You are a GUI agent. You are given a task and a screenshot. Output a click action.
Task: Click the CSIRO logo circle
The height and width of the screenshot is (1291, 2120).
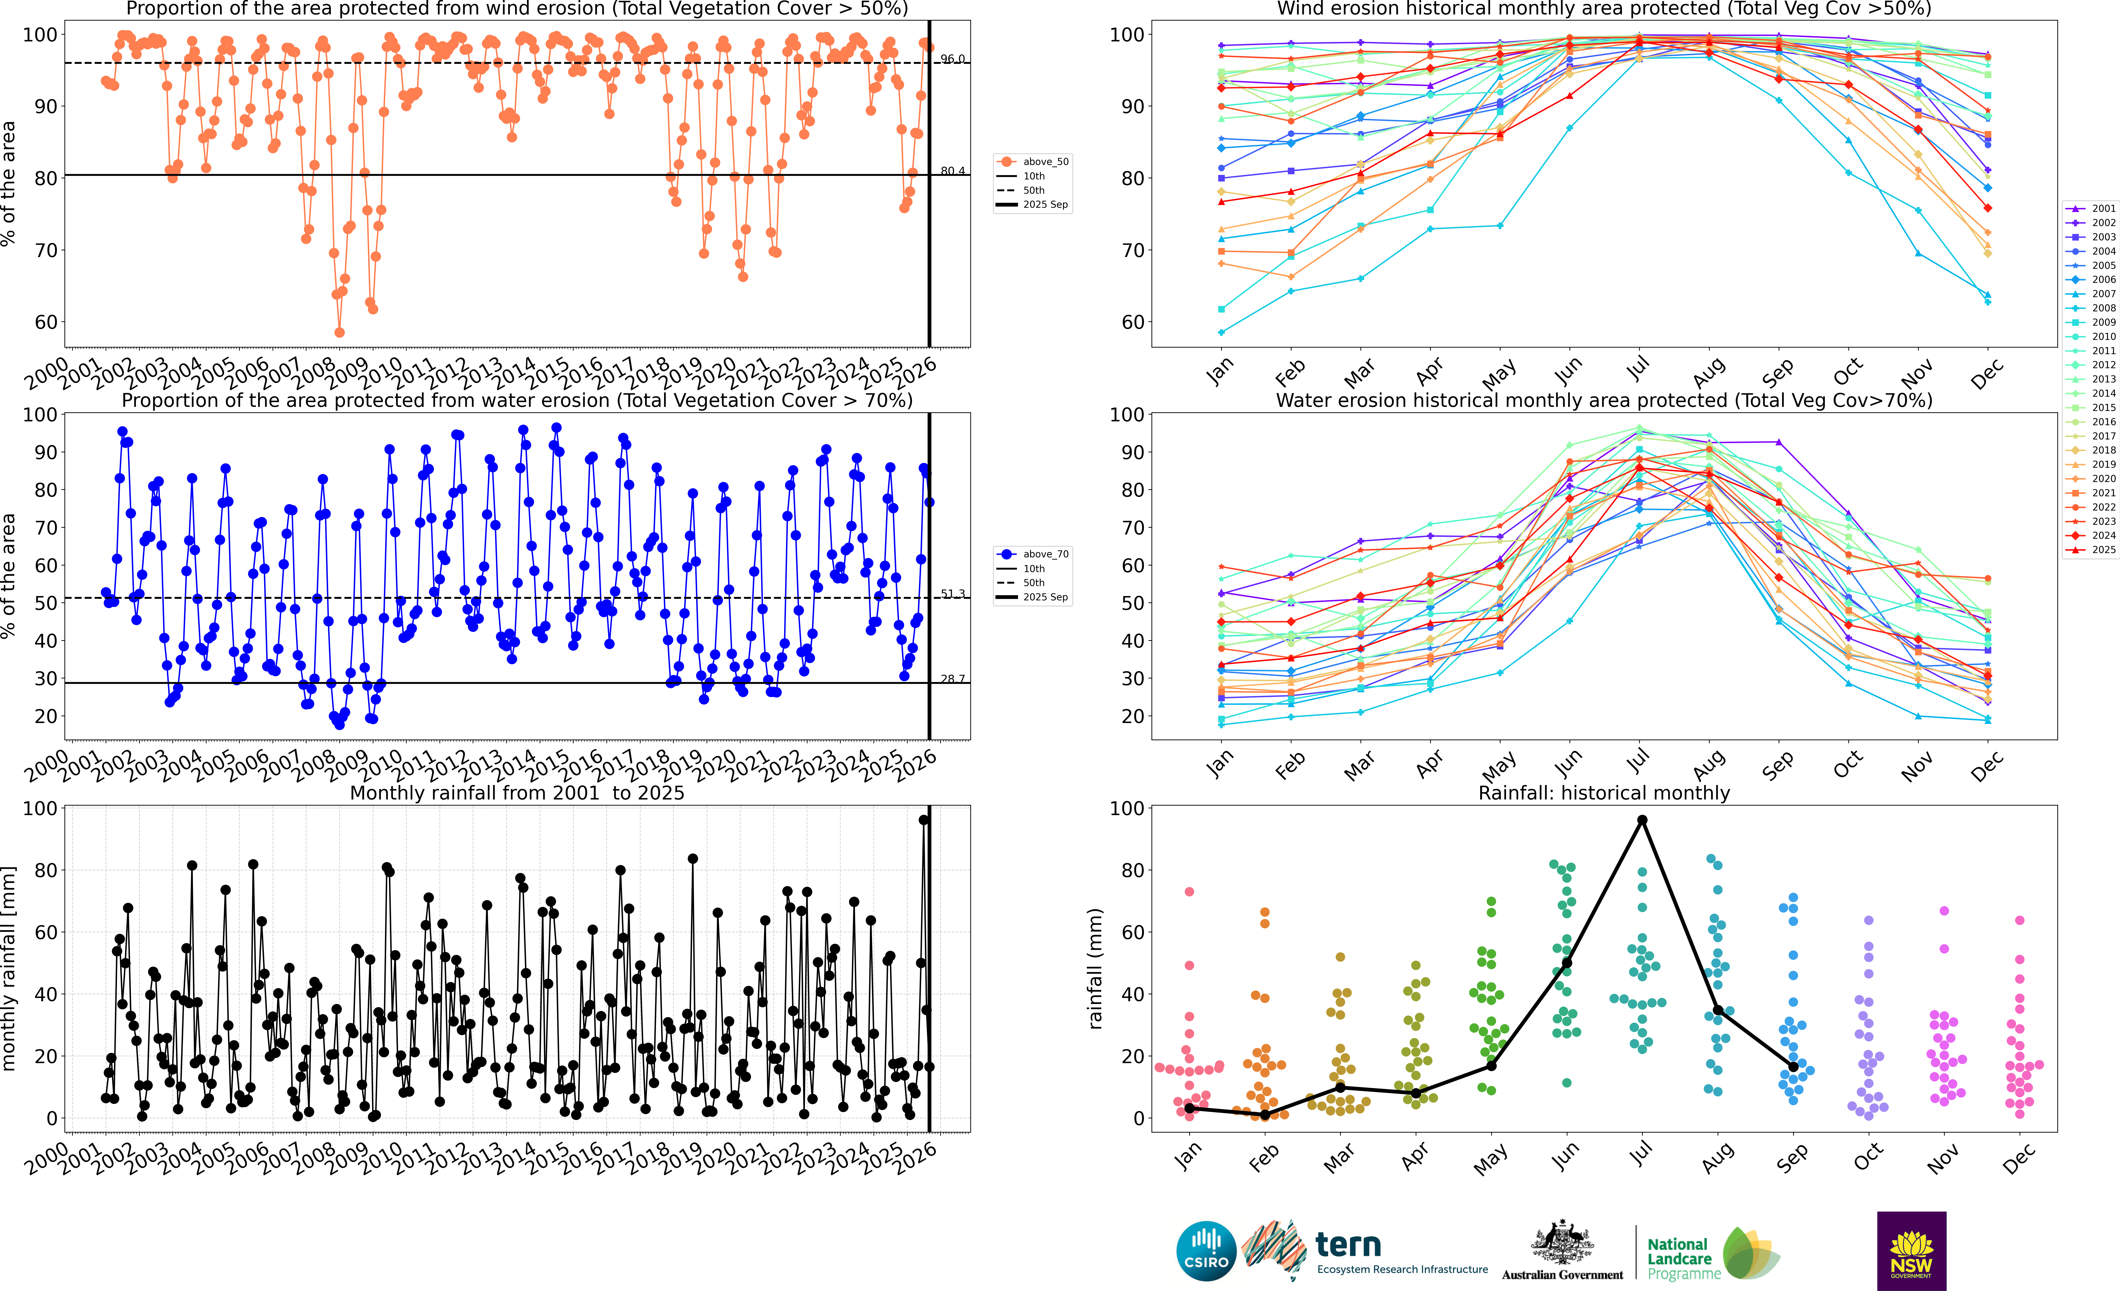[1206, 1250]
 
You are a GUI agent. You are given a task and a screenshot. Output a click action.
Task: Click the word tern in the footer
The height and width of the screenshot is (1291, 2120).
[1348, 1245]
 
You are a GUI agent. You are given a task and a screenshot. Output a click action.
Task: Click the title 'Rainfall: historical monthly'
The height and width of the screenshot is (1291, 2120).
[1604, 793]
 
